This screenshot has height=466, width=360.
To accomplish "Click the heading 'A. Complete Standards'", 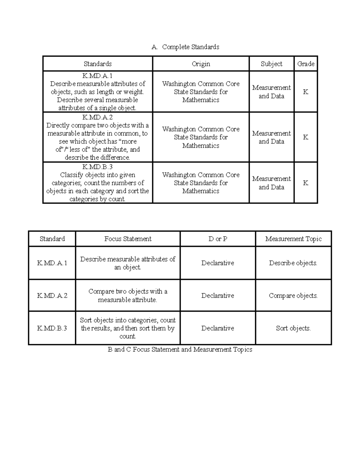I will [x=185, y=47].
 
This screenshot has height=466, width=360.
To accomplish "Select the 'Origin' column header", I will [x=201, y=64].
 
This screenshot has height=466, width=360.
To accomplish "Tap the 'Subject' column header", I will [x=271, y=64].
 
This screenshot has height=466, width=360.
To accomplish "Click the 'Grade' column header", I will [x=306, y=64].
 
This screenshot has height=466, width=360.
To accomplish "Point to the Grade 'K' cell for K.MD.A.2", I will [x=306, y=137].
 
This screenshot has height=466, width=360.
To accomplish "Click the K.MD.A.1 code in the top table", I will [x=97, y=76].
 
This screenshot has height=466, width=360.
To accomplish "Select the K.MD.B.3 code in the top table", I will [x=97, y=167].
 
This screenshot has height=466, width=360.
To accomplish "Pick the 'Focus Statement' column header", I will [x=128, y=239].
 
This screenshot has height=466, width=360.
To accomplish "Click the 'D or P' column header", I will [x=218, y=239].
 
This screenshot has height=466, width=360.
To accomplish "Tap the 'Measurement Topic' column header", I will [x=293, y=239].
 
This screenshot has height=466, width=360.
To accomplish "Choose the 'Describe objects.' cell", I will [x=293, y=263].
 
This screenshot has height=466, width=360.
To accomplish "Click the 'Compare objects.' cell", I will [x=293, y=296].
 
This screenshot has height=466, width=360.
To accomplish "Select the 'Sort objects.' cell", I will [x=293, y=328].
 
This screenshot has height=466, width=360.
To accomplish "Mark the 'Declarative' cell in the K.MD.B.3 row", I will [x=217, y=328].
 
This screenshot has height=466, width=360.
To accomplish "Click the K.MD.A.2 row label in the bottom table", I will [x=52, y=296].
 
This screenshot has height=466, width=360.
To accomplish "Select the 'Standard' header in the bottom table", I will [x=52, y=239].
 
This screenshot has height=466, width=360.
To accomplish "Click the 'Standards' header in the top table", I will [x=97, y=64].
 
